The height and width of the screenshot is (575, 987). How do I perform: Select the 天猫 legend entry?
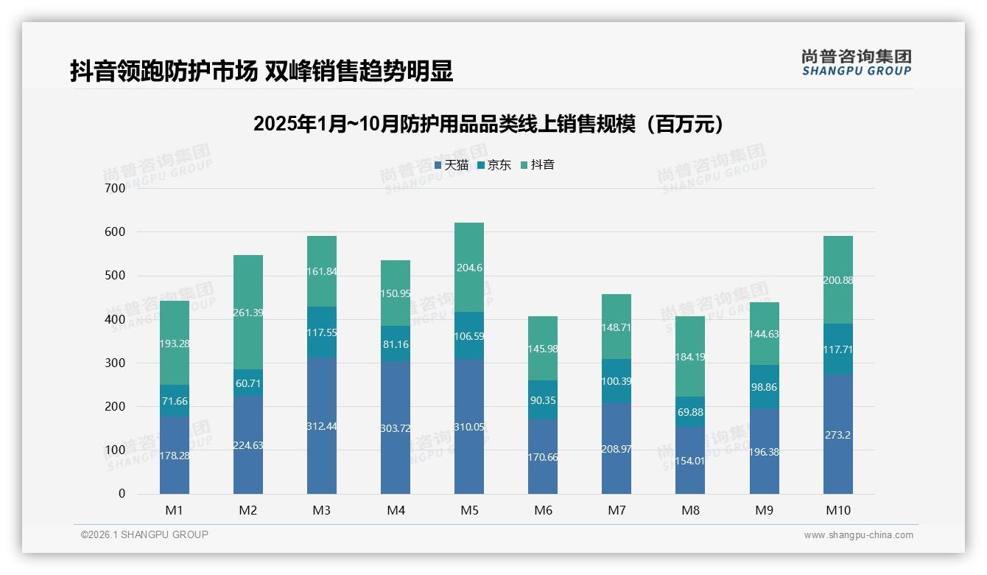tap(451, 165)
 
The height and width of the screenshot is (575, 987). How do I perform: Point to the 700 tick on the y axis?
tap(116, 188)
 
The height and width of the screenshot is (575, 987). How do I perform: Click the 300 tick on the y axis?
tap(116, 363)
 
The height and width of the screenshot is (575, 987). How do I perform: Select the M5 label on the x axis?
tap(469, 510)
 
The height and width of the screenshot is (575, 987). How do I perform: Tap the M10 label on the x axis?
tap(837, 510)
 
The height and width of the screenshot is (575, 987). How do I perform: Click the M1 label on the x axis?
tap(175, 510)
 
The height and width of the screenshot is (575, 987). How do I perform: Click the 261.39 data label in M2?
tap(248, 313)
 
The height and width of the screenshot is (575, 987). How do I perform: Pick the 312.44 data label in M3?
tap(322, 427)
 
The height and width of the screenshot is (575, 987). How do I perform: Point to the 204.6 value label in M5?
tap(469, 268)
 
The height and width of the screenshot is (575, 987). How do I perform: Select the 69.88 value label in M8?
tap(690, 412)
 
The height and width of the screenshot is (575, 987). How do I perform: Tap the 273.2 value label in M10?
tap(837, 435)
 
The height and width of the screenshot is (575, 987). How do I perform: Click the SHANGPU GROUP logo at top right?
tap(856, 63)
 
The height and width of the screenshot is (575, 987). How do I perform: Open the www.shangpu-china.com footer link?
tap(858, 535)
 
